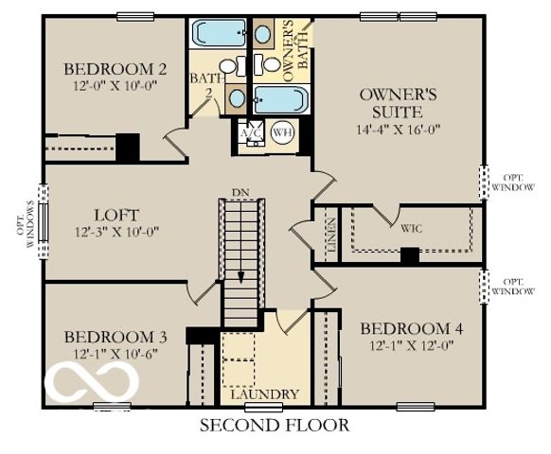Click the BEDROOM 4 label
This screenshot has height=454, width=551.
tap(412, 328)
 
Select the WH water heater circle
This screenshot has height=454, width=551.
tap(282, 133)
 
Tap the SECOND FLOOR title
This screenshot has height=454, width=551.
tap(274, 426)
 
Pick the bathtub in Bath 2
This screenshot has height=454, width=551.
tap(217, 35)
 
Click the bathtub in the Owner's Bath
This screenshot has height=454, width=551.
tap(281, 99)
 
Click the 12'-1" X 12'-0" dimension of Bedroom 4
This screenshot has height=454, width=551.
tap(412, 345)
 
